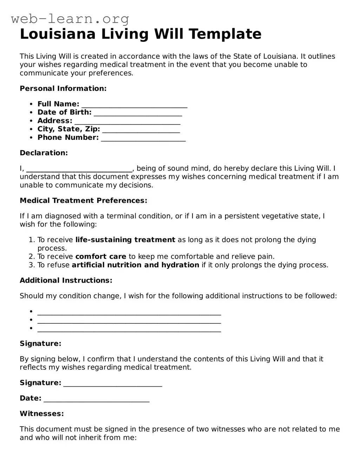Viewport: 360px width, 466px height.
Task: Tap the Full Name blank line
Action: point(134,105)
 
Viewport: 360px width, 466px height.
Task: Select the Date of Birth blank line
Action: point(138,113)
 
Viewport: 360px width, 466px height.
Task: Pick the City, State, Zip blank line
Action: point(141,130)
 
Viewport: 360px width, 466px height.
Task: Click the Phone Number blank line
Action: point(143,138)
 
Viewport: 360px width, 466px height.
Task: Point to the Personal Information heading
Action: point(63,88)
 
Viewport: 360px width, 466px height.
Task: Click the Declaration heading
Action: point(44,153)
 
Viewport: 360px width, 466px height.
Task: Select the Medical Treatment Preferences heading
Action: point(84,201)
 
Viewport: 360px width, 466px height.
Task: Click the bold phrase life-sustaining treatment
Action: point(125,240)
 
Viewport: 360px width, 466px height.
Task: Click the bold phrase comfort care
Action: point(101,256)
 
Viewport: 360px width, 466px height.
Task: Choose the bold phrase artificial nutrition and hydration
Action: point(136,265)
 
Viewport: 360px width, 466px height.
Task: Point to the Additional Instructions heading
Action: point(66,280)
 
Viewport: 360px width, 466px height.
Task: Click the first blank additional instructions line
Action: point(129,312)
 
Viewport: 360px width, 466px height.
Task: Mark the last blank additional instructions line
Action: point(129,329)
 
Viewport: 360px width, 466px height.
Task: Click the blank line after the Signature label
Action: point(113,383)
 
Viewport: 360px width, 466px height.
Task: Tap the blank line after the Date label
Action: point(97,399)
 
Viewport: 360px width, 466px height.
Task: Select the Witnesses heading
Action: point(42,414)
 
